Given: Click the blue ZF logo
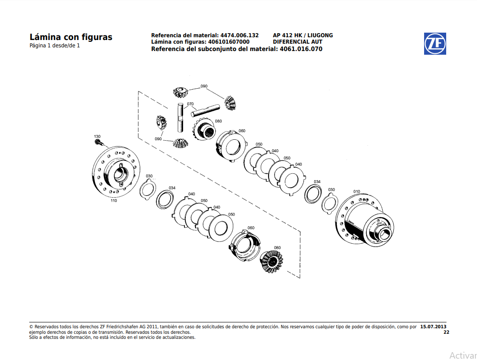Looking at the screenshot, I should pos(435,44).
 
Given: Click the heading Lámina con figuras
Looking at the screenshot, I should pos(71,37).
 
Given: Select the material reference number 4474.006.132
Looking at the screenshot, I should pos(240,35).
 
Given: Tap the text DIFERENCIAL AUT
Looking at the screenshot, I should pos(298,42).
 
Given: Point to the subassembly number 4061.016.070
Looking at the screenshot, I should pos(301,49).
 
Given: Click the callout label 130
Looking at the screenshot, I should pos(97,137).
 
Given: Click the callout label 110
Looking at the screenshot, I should pos(114,201).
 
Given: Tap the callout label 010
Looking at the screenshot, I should pos(356,191).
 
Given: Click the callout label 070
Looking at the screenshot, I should pos(190,104).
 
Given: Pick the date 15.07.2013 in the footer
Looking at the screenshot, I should pos(433,327).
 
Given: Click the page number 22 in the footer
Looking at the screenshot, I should pos(446,332).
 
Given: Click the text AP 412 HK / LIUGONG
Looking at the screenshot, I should pos(303,35).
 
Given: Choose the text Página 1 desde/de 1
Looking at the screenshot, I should pos(55,46).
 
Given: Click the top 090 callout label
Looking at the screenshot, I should pos(204,86).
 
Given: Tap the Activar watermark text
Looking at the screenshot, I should pos(463,355).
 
